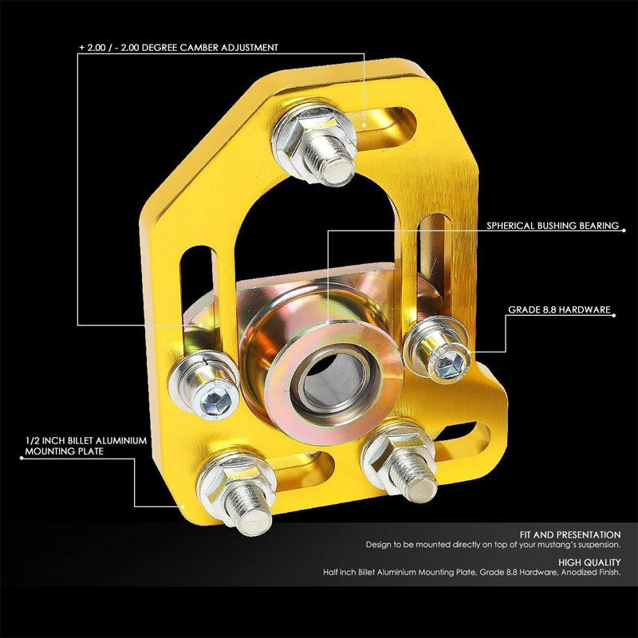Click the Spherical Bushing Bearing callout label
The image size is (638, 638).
[x=553, y=226]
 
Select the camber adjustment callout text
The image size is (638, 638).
[x=179, y=48]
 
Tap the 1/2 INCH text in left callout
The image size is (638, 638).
[x=45, y=439]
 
